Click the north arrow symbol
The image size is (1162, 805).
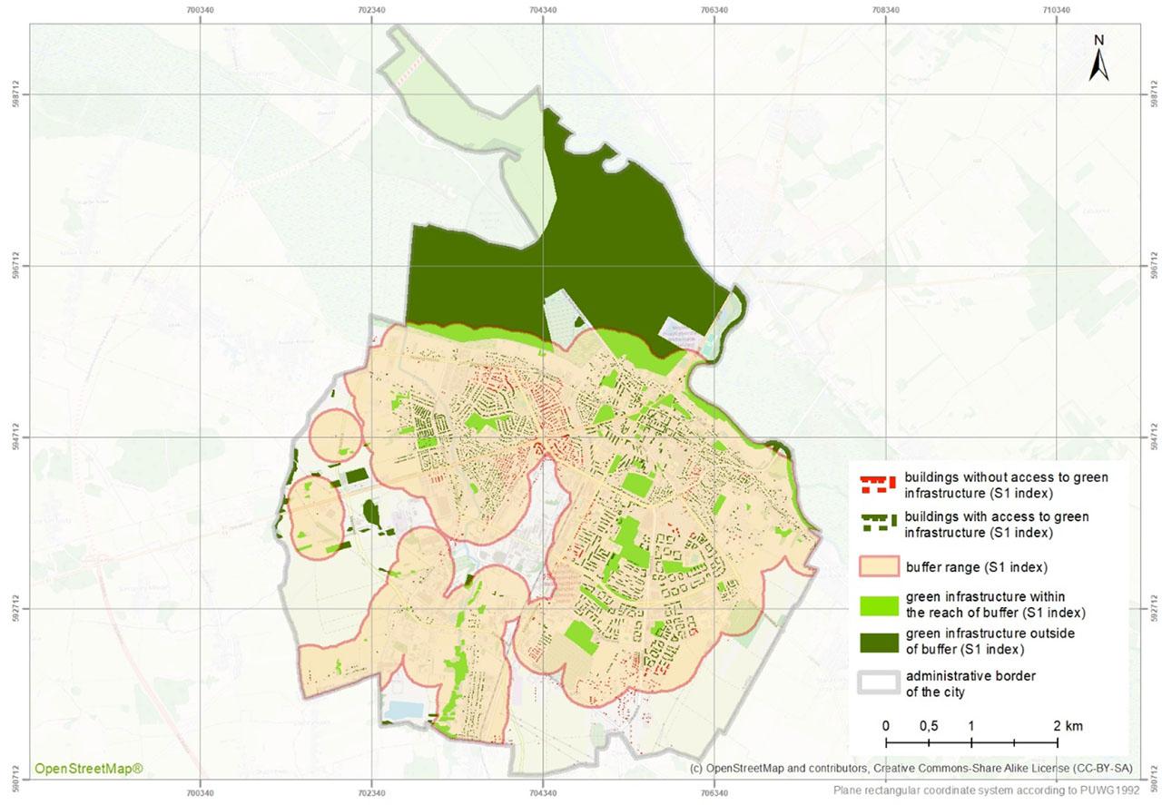[x=1098, y=65]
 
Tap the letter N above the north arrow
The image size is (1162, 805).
[x=1098, y=40]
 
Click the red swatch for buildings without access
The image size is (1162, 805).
[x=877, y=483]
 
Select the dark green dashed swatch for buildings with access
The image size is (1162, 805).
[x=877, y=524]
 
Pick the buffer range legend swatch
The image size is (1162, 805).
[x=877, y=567]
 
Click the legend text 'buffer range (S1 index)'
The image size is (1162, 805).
[x=977, y=568]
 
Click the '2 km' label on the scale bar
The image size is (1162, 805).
[x=1068, y=726]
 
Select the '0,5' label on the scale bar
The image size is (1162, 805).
[x=928, y=726]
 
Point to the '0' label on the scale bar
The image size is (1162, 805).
[x=885, y=726]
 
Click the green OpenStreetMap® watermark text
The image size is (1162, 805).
[x=89, y=769]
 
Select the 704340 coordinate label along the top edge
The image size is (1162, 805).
[x=542, y=10]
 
